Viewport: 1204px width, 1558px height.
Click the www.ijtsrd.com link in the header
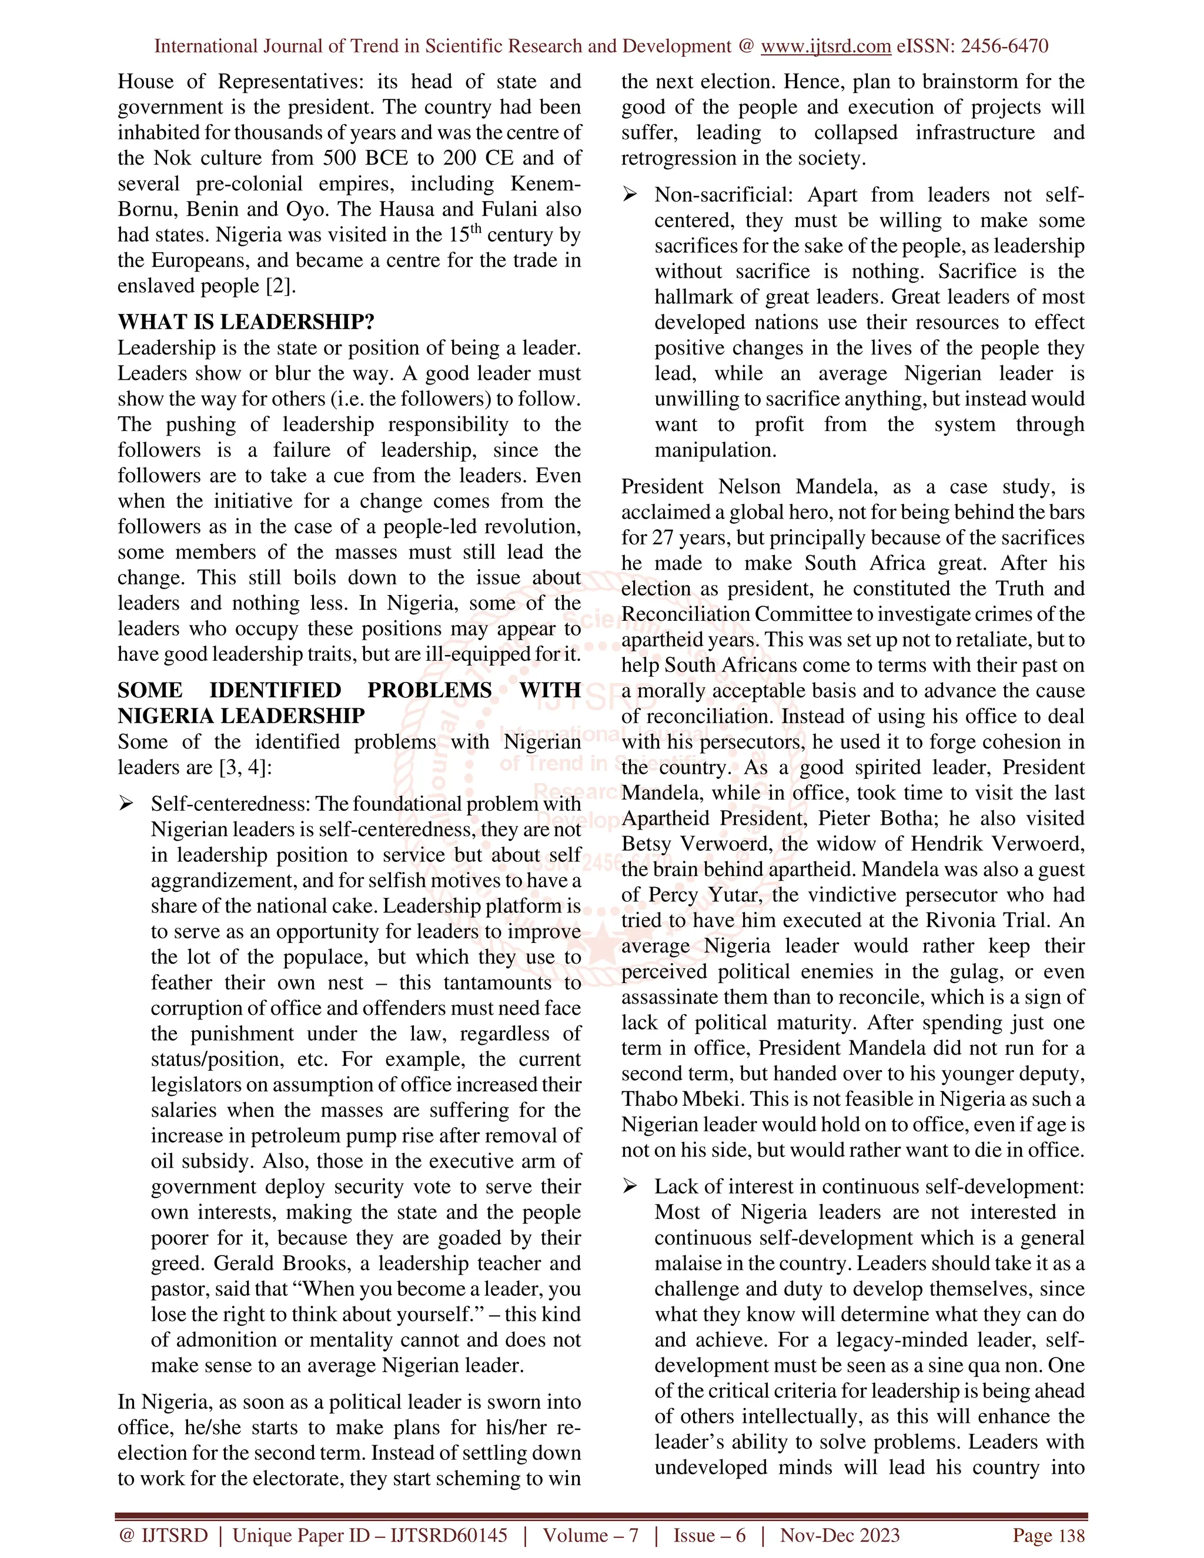825,46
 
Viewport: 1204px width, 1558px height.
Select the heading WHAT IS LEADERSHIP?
246,322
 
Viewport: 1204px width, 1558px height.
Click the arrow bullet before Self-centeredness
126,804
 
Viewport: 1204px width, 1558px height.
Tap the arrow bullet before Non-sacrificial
630,195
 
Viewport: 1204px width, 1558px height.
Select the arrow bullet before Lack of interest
630,1186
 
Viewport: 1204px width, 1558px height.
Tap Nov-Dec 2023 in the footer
840,1535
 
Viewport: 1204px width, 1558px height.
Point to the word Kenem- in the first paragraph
546,184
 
